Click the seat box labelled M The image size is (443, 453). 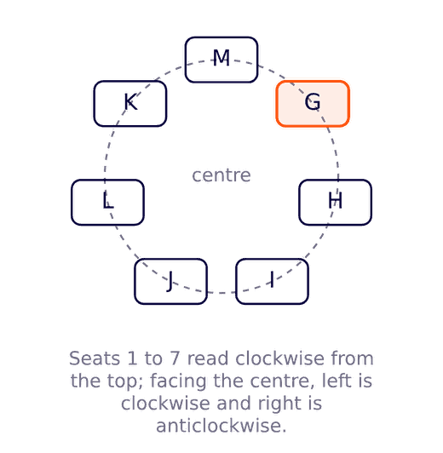221,60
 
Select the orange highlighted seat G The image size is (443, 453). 313,104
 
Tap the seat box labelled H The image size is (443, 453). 335,203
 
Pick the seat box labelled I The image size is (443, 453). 273,281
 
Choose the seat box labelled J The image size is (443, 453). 170,281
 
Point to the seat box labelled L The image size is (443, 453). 107,203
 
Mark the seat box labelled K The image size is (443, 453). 130,104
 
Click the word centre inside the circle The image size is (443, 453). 221,175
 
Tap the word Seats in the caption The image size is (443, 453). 95,358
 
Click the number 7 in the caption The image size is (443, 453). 175,358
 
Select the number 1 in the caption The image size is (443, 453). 132,358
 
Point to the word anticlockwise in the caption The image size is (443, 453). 221,426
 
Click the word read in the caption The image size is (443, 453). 208,358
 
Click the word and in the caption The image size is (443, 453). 233,403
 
